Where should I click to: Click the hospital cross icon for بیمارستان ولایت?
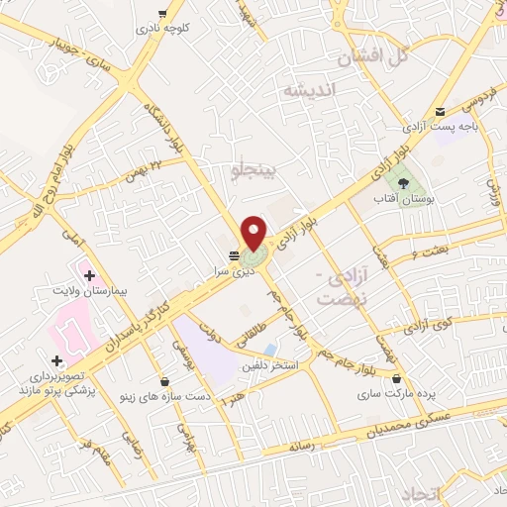point(89,274)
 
